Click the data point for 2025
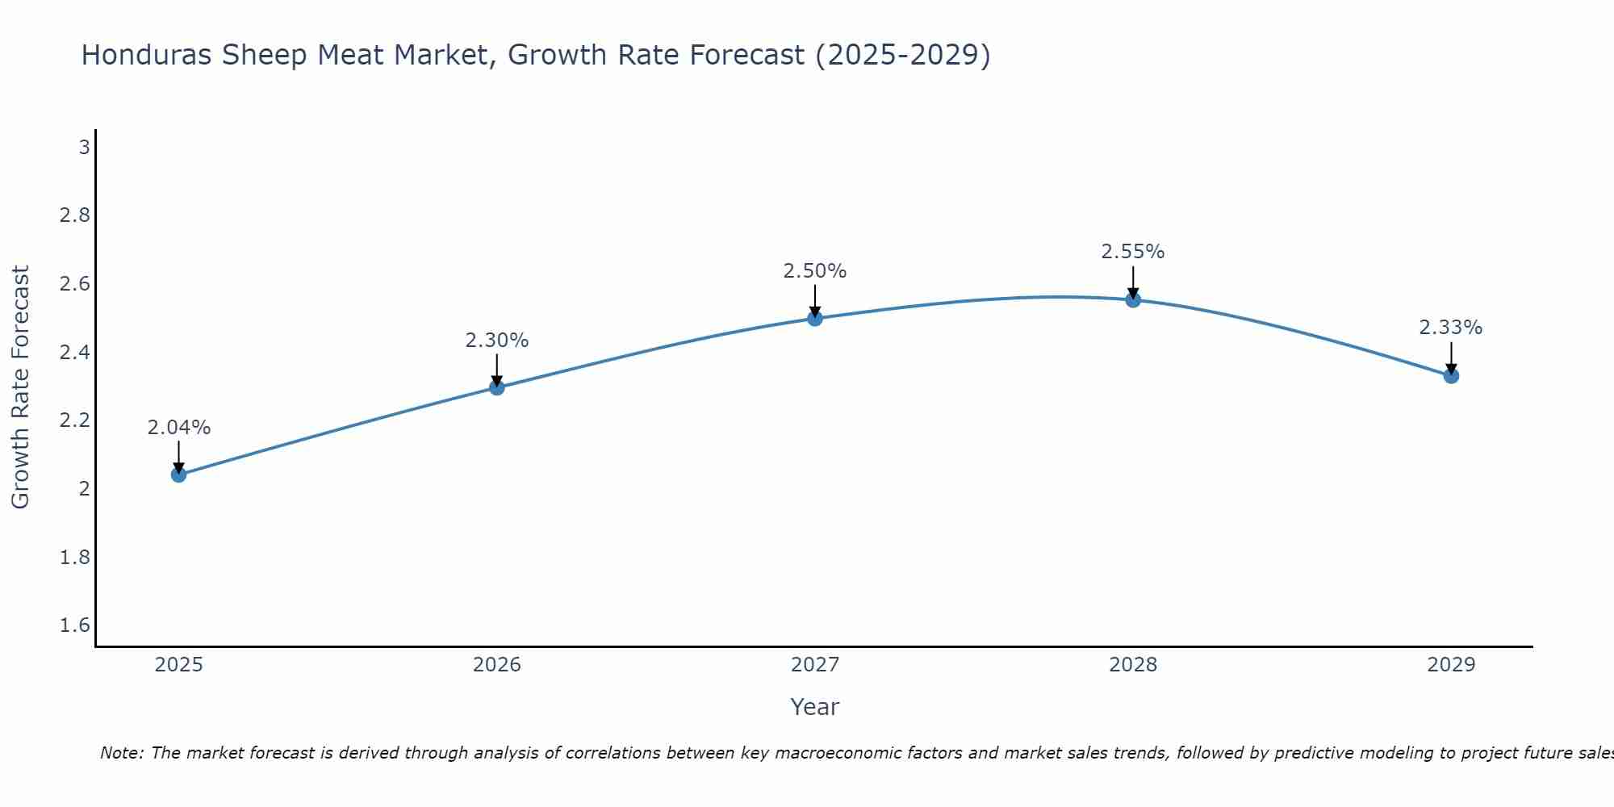[x=179, y=475]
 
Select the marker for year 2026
[x=497, y=387]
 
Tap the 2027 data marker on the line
[x=815, y=319]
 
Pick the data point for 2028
[x=1133, y=300]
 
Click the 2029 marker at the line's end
[x=1451, y=376]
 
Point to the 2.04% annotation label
[x=179, y=428]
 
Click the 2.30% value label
[x=497, y=341]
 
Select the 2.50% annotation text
[x=815, y=271]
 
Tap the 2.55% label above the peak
[x=1133, y=252]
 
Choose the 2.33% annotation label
[x=1451, y=328]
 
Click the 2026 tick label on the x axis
[x=497, y=665]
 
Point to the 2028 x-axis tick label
[x=1133, y=665]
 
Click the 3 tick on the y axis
[x=84, y=148]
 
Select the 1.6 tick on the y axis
[x=75, y=625]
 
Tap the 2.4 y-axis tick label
[x=75, y=353]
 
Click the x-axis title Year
[x=815, y=707]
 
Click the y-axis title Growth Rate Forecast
[x=20, y=387]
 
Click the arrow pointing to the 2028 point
[x=1133, y=282]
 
